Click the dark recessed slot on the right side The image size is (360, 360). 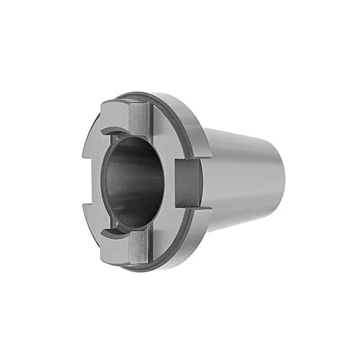click(188, 184)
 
